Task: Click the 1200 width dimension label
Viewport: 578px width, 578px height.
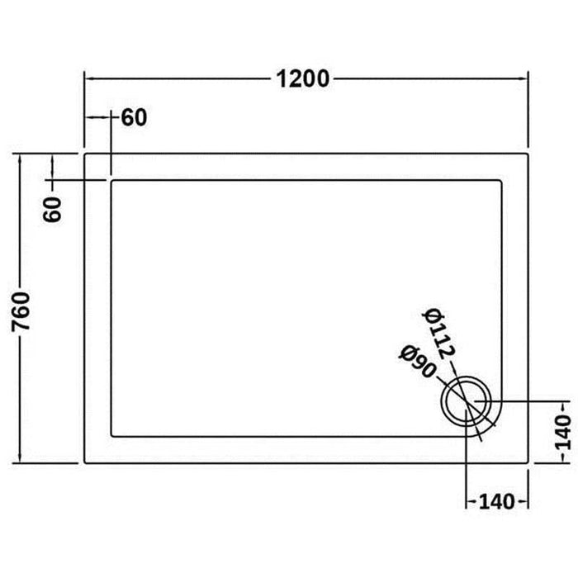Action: (x=303, y=79)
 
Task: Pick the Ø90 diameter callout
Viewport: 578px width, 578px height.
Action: (x=416, y=362)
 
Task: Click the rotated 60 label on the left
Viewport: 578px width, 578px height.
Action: (x=53, y=210)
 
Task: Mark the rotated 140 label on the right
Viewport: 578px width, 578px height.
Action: (x=562, y=433)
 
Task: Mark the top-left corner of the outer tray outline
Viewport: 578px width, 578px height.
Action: (x=84, y=154)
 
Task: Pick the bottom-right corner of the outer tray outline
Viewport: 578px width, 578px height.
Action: (x=528, y=462)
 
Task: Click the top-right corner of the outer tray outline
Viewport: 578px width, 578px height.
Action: (x=528, y=154)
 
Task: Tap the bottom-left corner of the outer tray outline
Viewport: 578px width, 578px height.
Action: (x=84, y=462)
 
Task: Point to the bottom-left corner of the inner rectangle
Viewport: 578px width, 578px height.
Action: (x=110, y=437)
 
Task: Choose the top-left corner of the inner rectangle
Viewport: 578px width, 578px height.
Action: (x=110, y=180)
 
